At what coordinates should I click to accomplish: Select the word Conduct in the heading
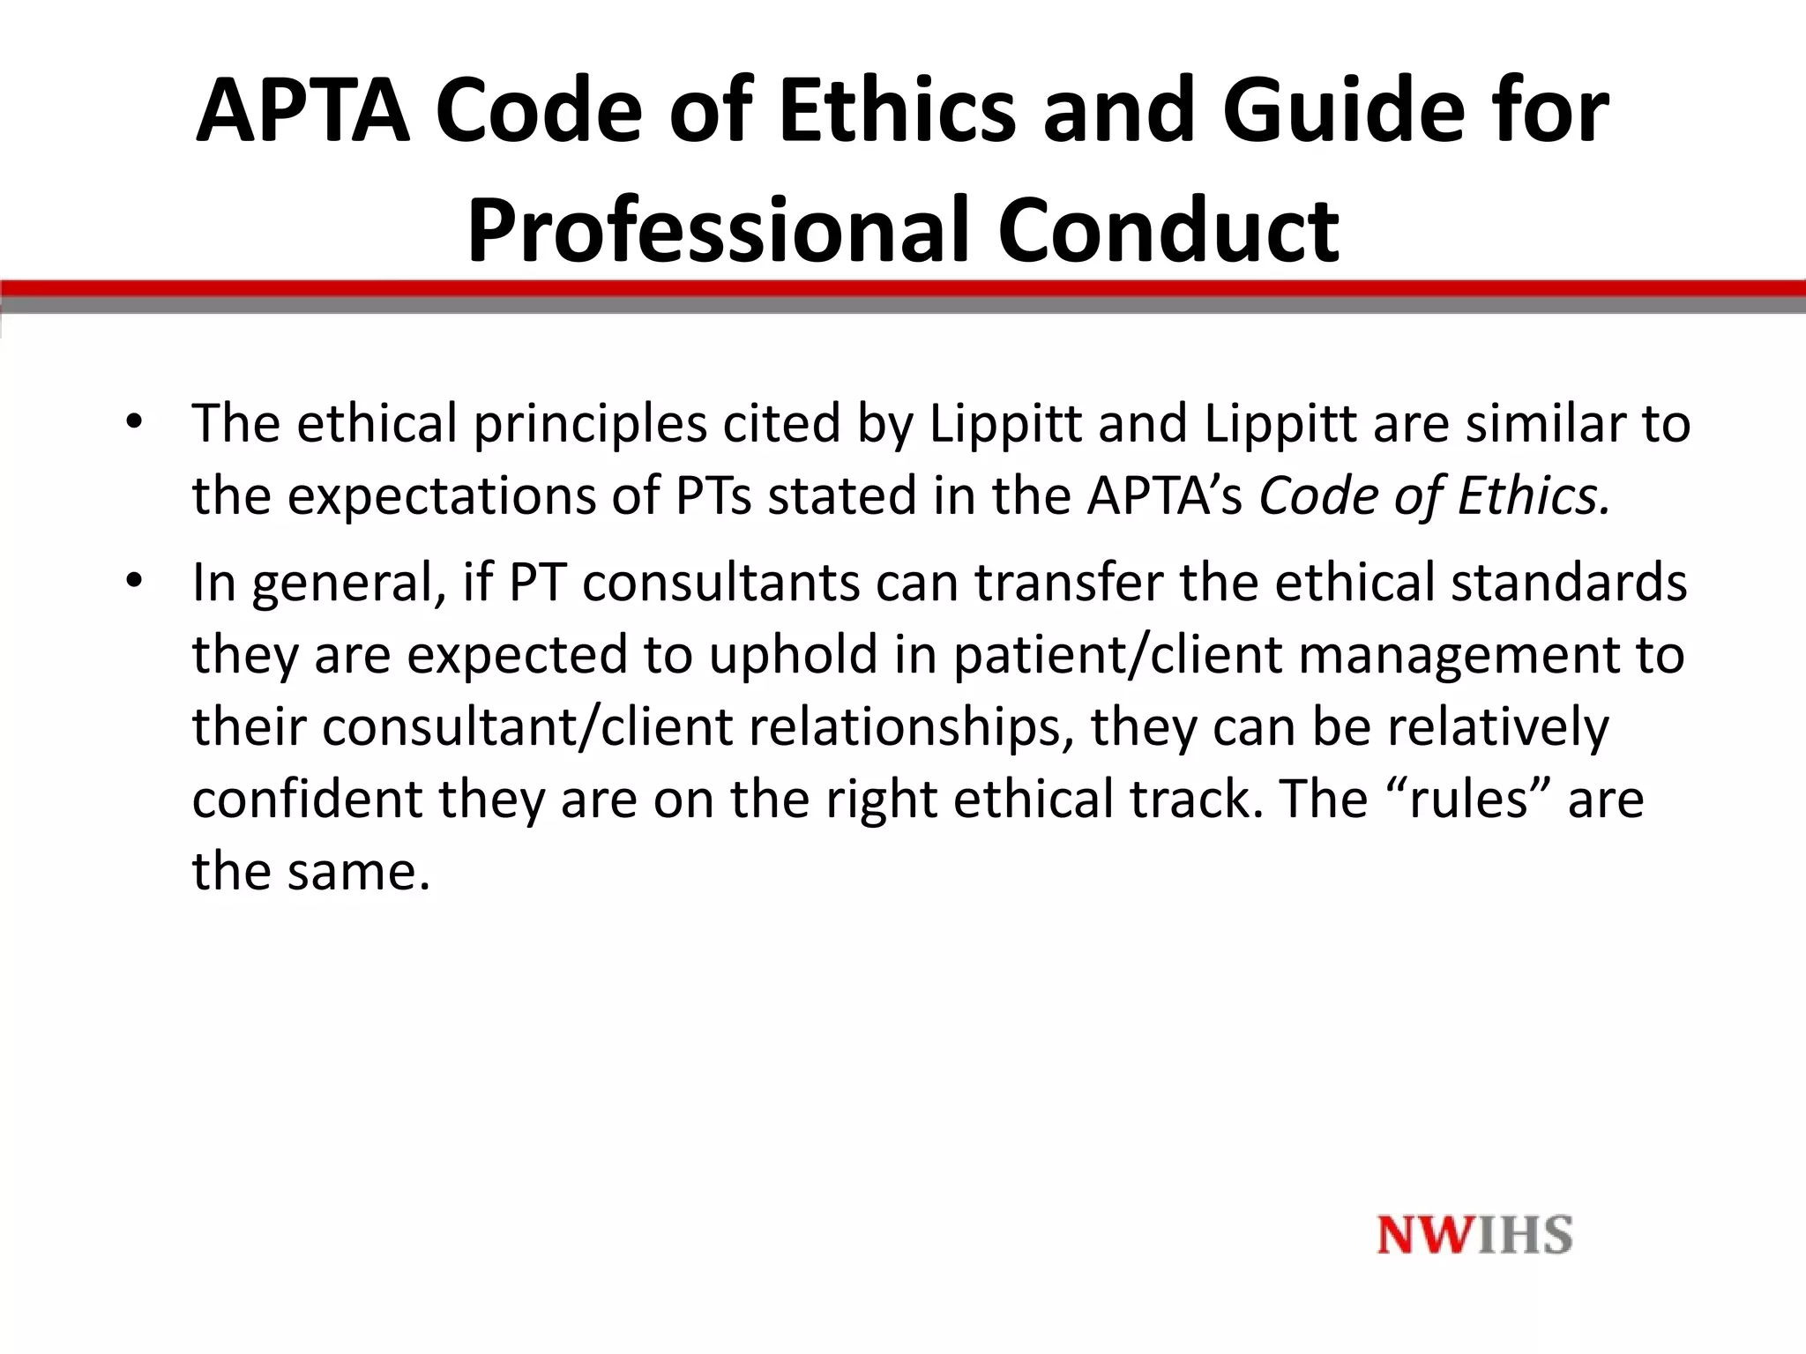[1168, 231]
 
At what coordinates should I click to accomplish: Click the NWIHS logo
[1474, 1234]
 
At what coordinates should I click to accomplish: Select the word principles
[590, 423]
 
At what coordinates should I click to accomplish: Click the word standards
[1569, 583]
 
